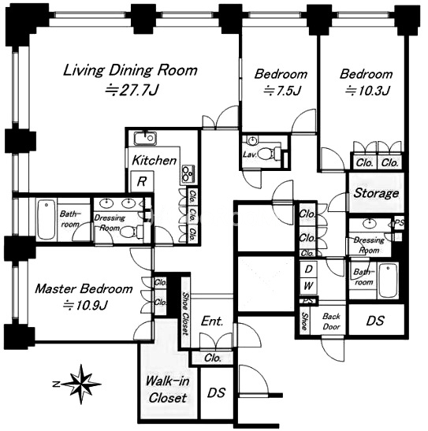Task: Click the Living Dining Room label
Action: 130,70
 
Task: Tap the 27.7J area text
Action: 132,90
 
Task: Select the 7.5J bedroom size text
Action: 282,91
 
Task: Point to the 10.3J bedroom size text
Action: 367,91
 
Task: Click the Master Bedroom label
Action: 84,289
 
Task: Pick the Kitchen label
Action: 154,161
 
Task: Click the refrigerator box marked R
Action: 142,181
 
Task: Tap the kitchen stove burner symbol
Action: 188,174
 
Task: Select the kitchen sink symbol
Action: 145,138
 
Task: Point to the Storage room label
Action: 376,194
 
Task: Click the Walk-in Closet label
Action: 167,389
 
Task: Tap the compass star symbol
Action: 81,384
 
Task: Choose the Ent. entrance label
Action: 212,321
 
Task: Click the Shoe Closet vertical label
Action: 186,314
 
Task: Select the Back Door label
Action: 332,321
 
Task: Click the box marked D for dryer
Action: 308,269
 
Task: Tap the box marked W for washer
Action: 308,285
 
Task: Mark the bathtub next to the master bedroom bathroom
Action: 47,220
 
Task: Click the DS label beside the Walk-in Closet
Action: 217,393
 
